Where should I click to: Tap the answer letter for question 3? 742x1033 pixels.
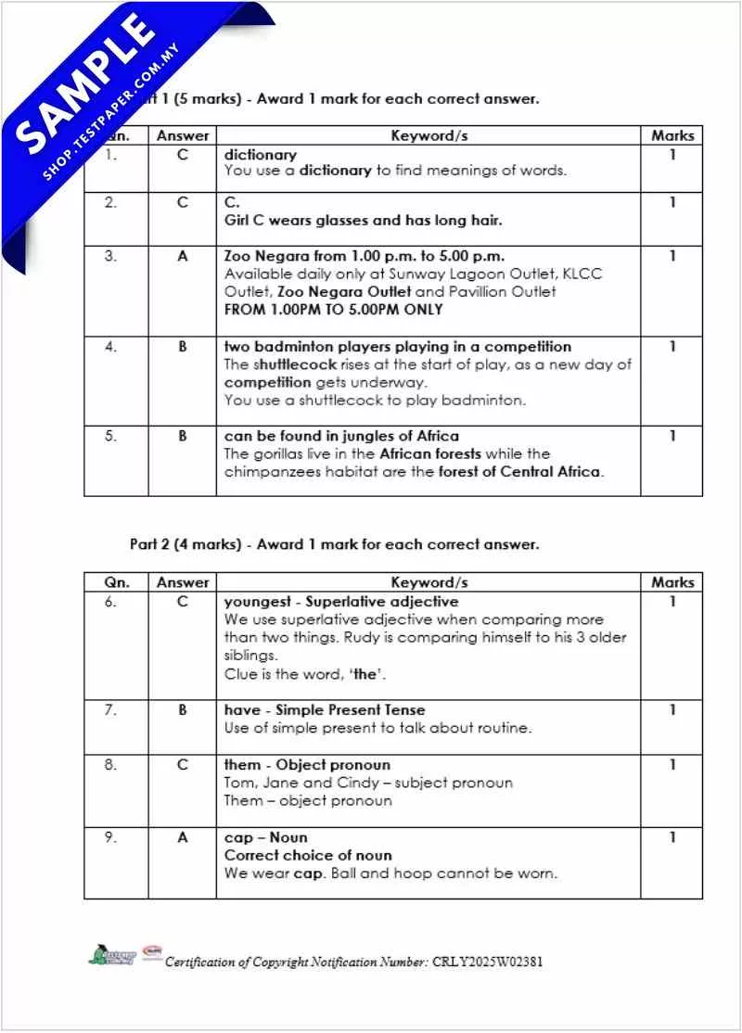[x=183, y=256]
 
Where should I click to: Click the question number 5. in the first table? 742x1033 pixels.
[x=111, y=436]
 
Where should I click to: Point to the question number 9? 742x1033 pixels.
[x=111, y=837]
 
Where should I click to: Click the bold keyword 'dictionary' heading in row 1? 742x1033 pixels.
[x=261, y=155]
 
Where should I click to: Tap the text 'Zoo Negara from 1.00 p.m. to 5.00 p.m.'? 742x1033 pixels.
[x=365, y=256]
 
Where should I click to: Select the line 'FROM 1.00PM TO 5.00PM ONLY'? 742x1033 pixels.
[x=334, y=310]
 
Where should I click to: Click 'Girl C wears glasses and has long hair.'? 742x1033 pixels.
[x=364, y=221]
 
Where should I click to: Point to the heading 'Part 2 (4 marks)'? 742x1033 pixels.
[x=185, y=544]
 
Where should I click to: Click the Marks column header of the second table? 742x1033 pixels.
[x=672, y=582]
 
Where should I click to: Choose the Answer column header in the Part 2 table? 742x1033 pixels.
[x=183, y=582]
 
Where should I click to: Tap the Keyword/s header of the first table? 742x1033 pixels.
[x=429, y=135]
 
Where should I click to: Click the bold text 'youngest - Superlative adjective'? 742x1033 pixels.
[x=341, y=602]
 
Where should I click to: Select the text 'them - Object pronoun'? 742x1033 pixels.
[x=307, y=765]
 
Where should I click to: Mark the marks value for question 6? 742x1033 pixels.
[x=672, y=602]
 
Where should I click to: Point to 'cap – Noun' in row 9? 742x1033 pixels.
[x=265, y=837]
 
